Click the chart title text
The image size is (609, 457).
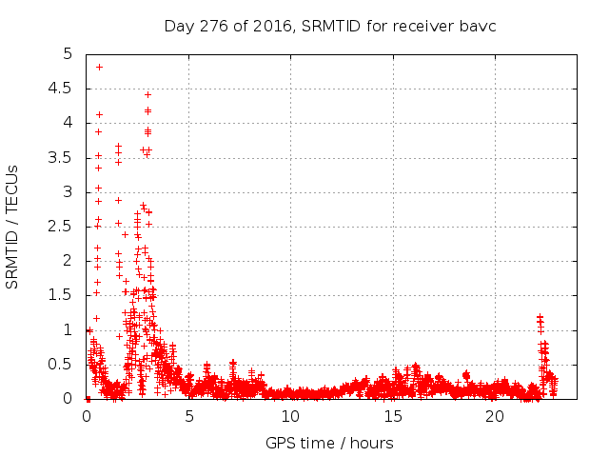click(x=330, y=26)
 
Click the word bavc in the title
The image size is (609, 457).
click(x=478, y=26)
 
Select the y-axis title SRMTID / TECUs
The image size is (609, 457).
click(x=13, y=227)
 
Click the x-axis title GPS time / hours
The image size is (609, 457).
click(x=330, y=443)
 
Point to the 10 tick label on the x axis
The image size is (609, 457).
click(x=290, y=416)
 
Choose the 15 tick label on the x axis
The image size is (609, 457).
click(x=392, y=416)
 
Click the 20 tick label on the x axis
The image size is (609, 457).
click(x=494, y=416)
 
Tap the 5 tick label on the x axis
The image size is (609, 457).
click(x=188, y=416)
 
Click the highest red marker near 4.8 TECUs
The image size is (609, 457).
click(x=99, y=67)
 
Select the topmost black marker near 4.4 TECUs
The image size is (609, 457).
click(x=147, y=94)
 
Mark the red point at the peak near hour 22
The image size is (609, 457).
click(x=540, y=317)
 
